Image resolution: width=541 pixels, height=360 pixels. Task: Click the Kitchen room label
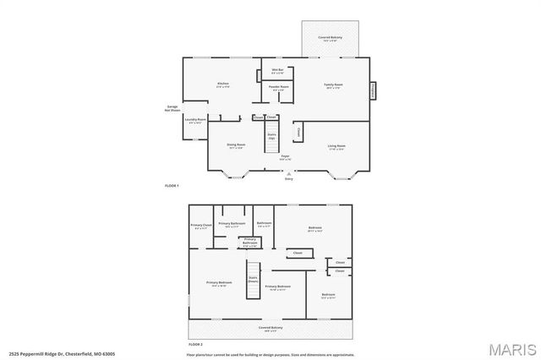pos(223,85)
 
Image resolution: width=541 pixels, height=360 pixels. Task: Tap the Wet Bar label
pos(276,71)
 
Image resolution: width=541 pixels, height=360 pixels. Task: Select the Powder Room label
pos(278,88)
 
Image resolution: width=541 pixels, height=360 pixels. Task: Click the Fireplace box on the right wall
pos(373,88)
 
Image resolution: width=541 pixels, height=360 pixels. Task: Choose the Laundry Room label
pos(196,120)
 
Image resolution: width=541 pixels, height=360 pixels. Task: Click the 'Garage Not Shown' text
pos(172,107)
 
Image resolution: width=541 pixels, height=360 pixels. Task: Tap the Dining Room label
pos(236,145)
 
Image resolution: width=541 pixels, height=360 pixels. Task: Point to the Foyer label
pos(287,158)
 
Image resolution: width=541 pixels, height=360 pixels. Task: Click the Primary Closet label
pos(200,226)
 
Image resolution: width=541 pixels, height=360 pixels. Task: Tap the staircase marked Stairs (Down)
pos(252,286)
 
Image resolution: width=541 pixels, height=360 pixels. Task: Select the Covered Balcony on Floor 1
pos(330,40)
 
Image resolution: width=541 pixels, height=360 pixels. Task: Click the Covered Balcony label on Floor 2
pos(270,328)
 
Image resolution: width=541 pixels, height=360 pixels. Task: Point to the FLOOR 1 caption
pos(172,184)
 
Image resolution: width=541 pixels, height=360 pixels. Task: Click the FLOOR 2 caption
pos(196,345)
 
